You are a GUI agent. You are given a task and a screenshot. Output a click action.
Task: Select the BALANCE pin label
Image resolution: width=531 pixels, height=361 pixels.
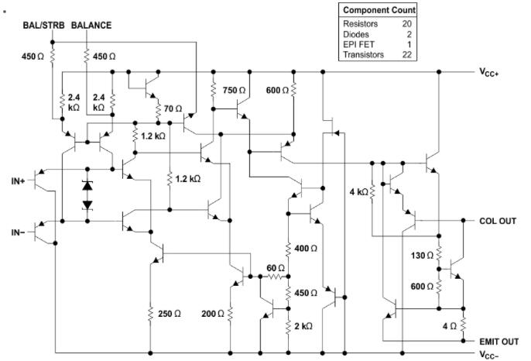[91, 26]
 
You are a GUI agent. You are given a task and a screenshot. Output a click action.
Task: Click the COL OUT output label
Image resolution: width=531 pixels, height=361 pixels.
[497, 221]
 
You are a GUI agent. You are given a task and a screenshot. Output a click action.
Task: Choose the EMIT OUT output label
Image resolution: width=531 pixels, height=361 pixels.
[497, 340]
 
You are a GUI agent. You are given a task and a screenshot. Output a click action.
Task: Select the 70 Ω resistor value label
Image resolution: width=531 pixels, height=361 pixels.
[173, 108]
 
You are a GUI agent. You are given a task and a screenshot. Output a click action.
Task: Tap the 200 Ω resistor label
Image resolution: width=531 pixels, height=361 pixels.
[212, 314]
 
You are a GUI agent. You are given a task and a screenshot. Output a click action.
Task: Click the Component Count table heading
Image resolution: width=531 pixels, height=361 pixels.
[379, 10]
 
